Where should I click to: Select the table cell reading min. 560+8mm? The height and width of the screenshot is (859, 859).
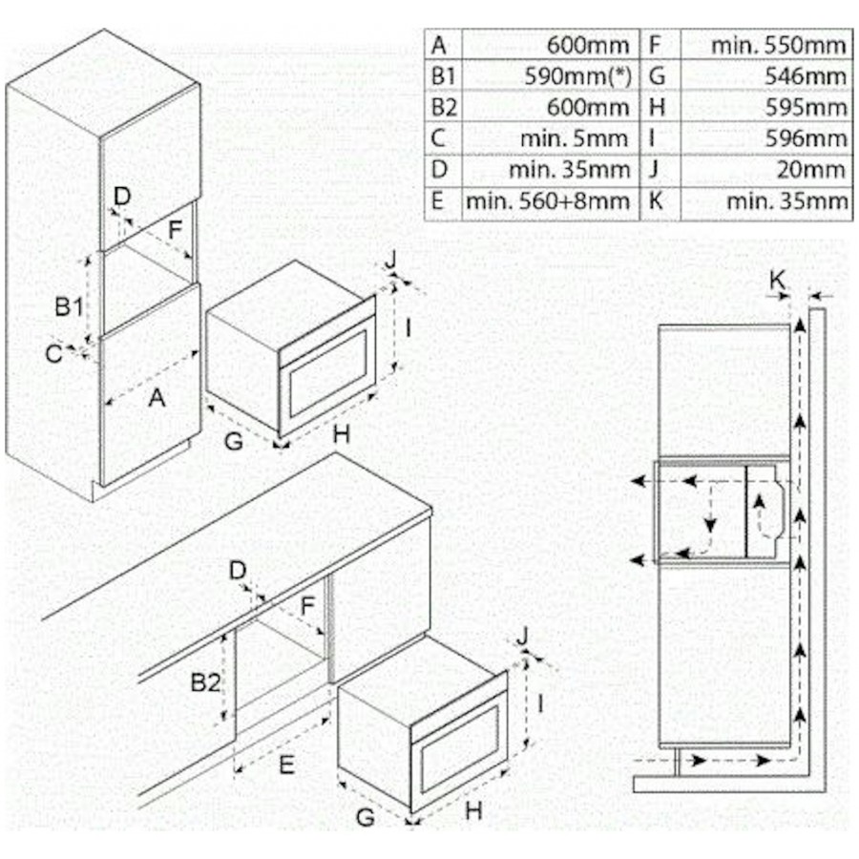tap(548, 200)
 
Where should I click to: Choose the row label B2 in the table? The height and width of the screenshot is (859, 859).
tap(442, 107)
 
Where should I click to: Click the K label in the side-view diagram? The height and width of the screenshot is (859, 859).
tap(779, 280)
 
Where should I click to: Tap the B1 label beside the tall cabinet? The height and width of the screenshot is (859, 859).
tap(68, 306)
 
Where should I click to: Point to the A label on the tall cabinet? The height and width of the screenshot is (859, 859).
tap(157, 398)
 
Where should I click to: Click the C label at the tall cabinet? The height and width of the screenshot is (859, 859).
tap(54, 354)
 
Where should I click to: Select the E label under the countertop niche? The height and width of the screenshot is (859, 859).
tap(287, 763)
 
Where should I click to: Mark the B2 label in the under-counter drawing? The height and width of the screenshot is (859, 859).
tap(205, 682)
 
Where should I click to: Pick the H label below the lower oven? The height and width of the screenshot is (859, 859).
tap(474, 810)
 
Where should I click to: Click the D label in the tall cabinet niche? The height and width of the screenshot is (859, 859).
tap(121, 196)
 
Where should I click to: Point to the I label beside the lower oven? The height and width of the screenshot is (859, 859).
tap(541, 704)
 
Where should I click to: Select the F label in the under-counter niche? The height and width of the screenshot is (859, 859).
tap(307, 605)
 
